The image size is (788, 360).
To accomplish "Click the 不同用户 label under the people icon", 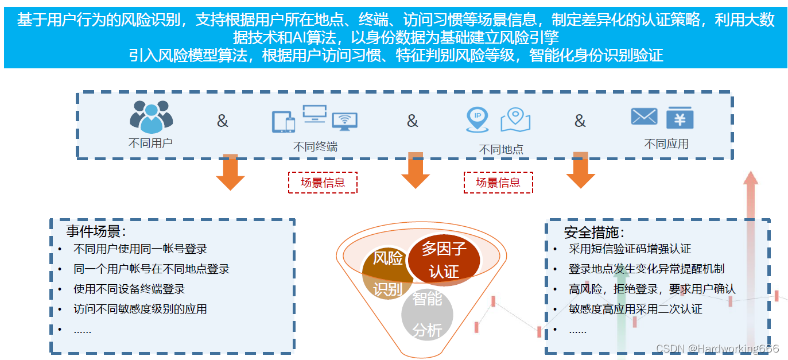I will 150,143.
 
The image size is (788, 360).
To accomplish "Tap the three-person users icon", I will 151,117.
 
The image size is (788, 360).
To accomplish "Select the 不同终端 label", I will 315,146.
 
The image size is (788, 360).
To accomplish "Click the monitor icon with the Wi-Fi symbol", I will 344,121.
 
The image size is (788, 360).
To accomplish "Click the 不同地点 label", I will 501,149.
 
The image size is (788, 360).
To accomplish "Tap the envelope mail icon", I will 644,117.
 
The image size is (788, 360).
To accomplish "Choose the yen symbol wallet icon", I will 680,118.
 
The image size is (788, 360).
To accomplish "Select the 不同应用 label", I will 666,144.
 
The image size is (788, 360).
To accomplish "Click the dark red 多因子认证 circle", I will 444,260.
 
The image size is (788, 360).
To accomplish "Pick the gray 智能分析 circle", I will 427,315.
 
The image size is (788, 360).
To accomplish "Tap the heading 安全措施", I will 594,232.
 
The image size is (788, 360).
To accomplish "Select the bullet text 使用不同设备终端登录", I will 129,289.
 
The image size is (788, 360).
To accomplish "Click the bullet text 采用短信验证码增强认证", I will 630,249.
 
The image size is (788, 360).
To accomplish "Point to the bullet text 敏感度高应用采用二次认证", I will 635,309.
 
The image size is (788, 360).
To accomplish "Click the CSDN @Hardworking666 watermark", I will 717,349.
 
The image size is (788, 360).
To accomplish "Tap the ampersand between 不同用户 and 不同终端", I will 222,121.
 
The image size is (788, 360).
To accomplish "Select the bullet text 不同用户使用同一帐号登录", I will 140,249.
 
